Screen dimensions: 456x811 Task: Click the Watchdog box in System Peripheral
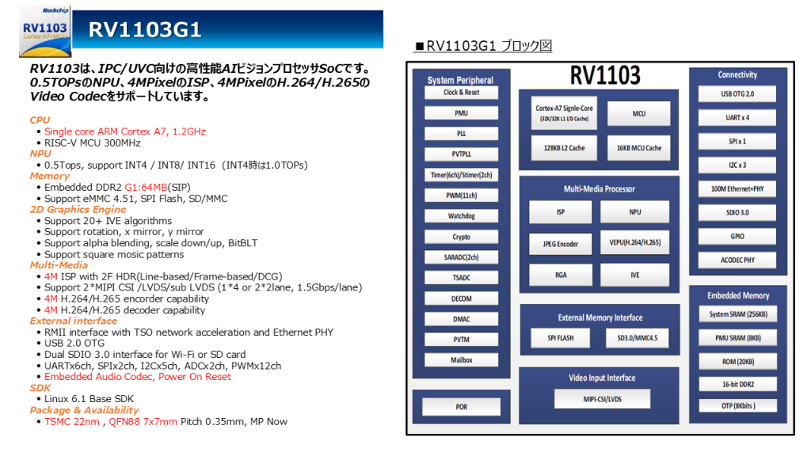coord(461,216)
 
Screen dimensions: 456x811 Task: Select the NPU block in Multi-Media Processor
coord(635,212)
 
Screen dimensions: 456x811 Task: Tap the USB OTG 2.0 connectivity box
coord(737,94)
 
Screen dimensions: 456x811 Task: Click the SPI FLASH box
coord(560,338)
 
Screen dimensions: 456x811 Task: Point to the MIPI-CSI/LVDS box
coord(603,399)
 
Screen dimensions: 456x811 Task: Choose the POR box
coord(461,407)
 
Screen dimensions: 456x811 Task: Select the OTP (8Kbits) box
coord(737,406)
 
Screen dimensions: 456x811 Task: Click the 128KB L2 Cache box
coord(564,148)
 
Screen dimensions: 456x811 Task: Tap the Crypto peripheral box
coord(461,237)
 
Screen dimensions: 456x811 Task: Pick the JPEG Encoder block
coord(560,244)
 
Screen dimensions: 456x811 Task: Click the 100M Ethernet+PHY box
coord(737,189)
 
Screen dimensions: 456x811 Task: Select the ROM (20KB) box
coord(737,362)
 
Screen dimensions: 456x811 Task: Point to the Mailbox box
coord(461,360)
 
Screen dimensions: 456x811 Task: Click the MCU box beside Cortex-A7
coord(638,114)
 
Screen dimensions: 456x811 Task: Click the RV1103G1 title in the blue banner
coord(145,30)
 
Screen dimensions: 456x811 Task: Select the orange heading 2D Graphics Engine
coord(78,210)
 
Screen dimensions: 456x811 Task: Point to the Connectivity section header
coord(737,75)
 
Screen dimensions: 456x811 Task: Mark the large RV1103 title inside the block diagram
coord(606,76)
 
